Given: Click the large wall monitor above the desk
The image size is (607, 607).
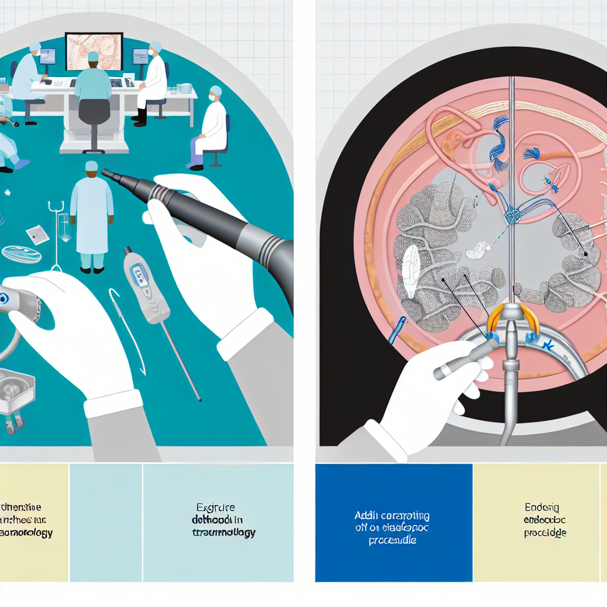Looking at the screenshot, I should click(94, 52).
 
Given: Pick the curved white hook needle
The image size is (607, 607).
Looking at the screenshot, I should click(127, 326).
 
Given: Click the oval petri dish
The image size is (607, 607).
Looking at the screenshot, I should click(21, 254).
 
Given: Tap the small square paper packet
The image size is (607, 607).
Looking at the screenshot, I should click(38, 234).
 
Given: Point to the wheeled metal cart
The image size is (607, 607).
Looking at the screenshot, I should click(15, 394).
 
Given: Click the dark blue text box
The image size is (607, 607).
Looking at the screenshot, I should click(394, 522).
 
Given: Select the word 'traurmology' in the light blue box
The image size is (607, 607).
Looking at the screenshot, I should click(225, 532).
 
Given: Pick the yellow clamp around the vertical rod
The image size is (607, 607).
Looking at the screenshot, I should click(510, 317).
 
